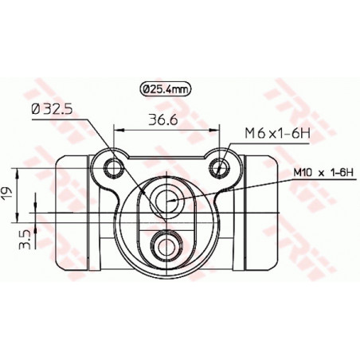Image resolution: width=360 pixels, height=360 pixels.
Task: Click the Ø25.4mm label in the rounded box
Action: (165, 90)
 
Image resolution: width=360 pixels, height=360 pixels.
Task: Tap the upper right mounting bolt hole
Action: (222, 166)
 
